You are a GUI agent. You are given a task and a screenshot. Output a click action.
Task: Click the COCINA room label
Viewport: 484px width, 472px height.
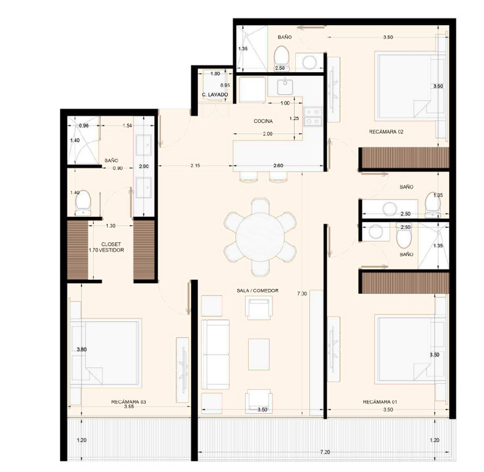[263, 121]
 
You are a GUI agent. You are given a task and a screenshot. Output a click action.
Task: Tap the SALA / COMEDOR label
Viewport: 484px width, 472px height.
[257, 291]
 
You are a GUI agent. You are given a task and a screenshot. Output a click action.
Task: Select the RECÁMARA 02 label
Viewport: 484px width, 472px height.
[386, 132]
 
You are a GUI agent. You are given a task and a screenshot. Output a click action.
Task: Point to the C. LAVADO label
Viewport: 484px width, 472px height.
[215, 95]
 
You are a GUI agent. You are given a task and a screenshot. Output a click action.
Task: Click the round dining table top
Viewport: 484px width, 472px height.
[260, 237]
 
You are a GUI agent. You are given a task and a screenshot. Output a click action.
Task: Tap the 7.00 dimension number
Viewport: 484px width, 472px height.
[302, 294]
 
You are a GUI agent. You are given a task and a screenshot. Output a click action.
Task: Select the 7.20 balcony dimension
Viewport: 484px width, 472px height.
[325, 452]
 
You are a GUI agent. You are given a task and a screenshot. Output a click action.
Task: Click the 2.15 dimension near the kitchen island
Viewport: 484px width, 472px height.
[195, 166]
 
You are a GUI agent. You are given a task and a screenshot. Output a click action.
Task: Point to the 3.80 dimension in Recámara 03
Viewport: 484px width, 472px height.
[81, 350]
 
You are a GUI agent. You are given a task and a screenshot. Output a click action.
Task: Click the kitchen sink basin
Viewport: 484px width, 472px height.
[285, 87]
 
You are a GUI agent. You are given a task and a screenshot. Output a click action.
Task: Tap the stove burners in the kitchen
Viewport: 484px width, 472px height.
[312, 116]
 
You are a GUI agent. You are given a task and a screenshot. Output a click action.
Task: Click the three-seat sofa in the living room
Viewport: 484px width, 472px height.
[216, 354]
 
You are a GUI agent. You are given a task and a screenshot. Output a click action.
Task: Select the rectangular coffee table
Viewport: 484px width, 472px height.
[259, 354]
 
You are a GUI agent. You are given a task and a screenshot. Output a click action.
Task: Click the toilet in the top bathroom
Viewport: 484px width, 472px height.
[281, 58]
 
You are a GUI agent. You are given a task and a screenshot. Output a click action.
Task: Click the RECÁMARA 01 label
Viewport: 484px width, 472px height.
[380, 402]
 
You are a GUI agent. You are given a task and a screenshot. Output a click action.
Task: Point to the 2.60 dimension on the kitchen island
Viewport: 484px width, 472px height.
[278, 166]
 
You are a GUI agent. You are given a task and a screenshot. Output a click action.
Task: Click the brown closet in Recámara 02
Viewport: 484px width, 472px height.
[404, 158]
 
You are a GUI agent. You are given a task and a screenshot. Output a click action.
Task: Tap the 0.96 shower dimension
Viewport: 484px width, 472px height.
[84, 125]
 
